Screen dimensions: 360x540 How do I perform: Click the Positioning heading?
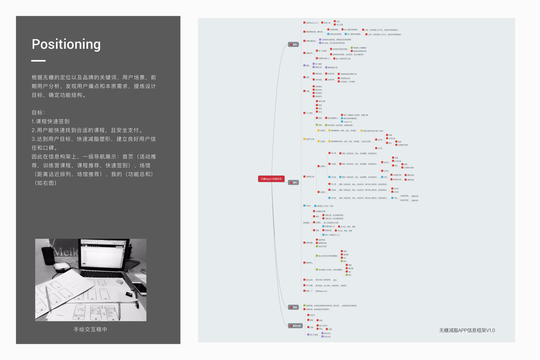tap(66, 44)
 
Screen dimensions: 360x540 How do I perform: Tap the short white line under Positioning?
tap(38, 61)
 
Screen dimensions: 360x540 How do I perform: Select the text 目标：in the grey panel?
tap(38, 112)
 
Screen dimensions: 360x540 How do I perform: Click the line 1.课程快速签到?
tap(53, 121)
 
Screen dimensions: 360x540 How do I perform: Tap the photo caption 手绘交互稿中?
tap(91, 329)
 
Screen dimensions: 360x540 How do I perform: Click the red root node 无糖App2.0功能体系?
tap(271, 179)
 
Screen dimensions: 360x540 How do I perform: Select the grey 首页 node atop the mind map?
tap(293, 44)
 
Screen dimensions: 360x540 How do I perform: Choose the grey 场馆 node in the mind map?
tap(294, 307)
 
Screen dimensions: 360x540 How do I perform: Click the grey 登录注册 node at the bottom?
tap(295, 326)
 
